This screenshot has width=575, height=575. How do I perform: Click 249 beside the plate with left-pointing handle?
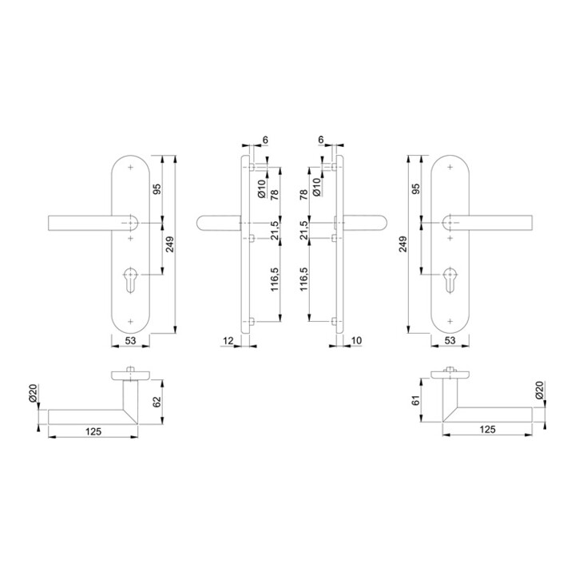pos(169,245)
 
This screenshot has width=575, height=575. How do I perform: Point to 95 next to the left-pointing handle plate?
pos(157,189)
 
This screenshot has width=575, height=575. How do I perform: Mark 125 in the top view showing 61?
pos(486,430)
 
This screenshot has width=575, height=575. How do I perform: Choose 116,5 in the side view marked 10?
pos(303,280)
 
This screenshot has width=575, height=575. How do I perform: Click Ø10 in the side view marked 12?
pos(261,187)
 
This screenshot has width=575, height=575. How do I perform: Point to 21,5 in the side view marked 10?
pos(303,229)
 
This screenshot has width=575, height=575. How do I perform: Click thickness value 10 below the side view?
pos(355,341)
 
